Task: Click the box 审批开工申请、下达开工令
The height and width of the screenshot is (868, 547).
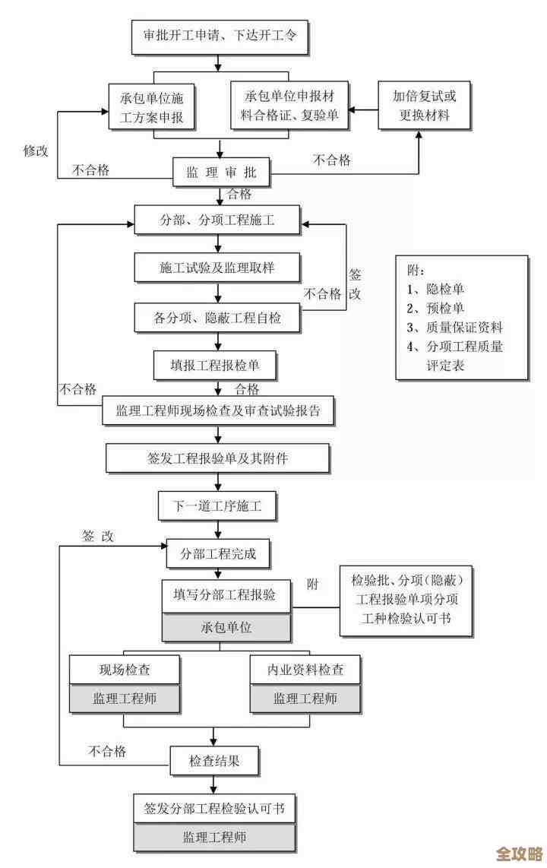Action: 220,35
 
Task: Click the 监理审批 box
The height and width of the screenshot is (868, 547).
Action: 221,173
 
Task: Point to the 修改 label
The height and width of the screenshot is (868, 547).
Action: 36,150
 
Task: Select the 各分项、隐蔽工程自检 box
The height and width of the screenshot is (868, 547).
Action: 217,318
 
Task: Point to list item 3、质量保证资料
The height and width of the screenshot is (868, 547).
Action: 454,328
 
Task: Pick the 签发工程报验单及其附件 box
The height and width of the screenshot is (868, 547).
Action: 217,458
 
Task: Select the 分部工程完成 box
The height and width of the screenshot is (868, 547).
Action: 218,553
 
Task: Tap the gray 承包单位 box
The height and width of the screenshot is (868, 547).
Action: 226,628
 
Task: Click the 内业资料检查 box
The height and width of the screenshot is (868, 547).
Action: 305,670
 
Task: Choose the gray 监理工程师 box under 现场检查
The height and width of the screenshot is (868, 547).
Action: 125,699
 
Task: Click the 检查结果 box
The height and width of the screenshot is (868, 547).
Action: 214,759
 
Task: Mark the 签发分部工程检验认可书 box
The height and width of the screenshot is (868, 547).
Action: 214,809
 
